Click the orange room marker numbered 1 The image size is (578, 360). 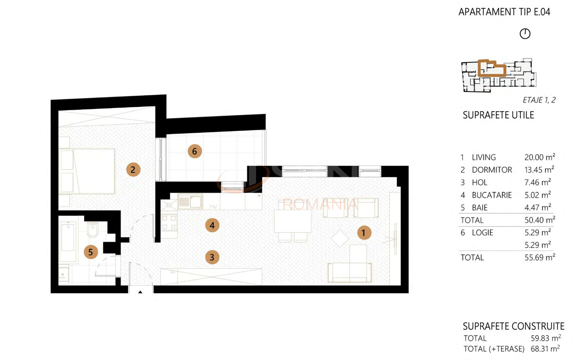364,233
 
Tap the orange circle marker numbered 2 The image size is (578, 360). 133,169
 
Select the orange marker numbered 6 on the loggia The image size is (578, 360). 195,151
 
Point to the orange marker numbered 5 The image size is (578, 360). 91,252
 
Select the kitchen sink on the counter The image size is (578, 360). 190,201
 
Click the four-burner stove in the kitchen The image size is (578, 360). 169,222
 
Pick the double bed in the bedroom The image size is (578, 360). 87,171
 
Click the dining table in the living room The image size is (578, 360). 293,221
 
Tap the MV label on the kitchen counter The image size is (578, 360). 213,207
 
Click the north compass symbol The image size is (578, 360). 525,34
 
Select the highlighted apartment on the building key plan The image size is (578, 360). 492,69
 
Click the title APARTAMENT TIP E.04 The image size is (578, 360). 504,12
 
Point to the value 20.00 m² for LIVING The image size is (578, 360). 540,157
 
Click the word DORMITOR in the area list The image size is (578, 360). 492,170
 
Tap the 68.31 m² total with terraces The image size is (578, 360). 545,349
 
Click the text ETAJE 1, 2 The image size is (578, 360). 539,100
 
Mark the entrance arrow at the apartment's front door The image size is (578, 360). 141,292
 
